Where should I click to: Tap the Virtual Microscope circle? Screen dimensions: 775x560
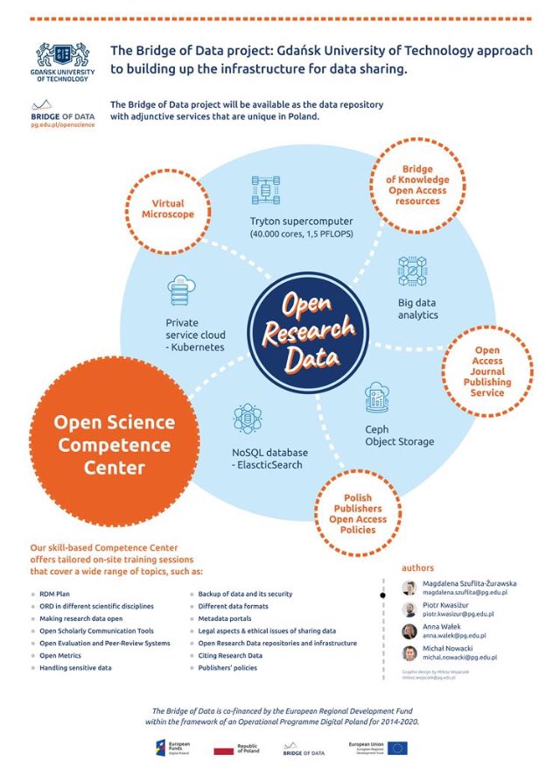point(173,209)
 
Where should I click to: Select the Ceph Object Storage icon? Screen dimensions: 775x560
point(377,398)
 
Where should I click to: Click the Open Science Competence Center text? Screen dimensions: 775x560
point(114,444)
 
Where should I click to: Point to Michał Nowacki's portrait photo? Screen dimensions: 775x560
point(409,653)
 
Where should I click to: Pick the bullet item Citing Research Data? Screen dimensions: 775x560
point(230,655)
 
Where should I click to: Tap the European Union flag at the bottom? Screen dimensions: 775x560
point(398,747)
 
